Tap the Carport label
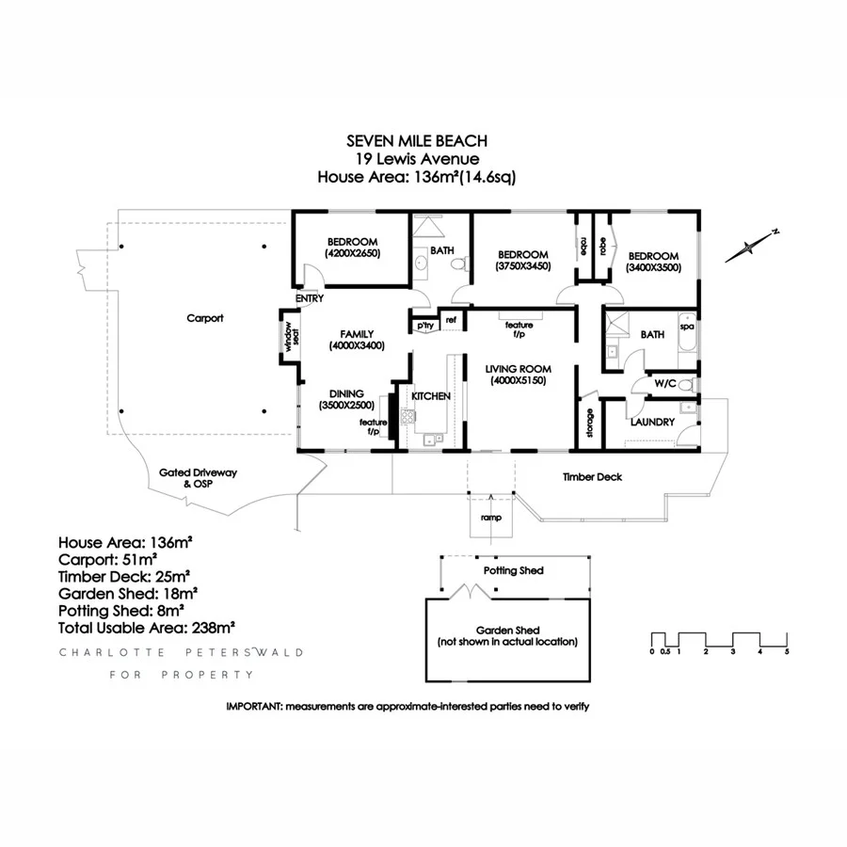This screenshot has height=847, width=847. [x=205, y=318]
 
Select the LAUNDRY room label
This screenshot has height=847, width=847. [x=652, y=423]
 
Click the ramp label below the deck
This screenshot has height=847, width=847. [x=490, y=518]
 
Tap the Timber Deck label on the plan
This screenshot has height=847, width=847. [x=592, y=477]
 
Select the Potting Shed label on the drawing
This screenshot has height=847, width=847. [x=513, y=570]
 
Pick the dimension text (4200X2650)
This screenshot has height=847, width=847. [x=352, y=253]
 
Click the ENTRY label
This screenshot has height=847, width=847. [x=309, y=298]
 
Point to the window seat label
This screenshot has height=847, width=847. [x=290, y=336]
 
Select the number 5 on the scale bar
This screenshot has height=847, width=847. [x=786, y=651]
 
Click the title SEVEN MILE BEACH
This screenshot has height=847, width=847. [x=417, y=141]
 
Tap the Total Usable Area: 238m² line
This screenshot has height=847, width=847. [x=146, y=626]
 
